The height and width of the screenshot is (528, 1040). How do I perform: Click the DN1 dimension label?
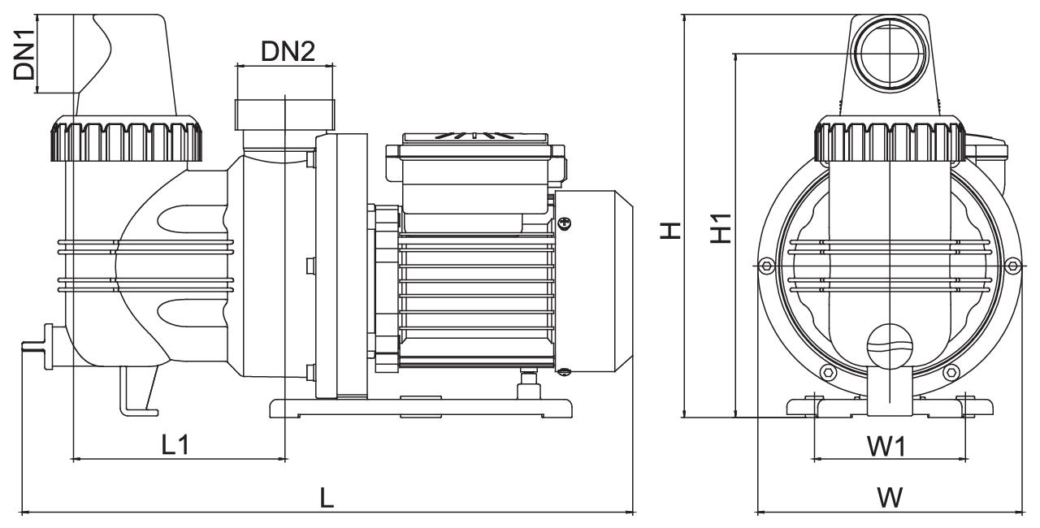(x=24, y=54)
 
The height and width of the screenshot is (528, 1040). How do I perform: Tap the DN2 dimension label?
(x=288, y=51)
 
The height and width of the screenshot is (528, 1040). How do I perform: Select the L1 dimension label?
(x=175, y=445)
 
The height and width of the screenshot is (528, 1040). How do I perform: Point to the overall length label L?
(x=327, y=498)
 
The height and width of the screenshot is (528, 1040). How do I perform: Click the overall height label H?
(x=671, y=230)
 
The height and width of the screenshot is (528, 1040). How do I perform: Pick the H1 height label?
(x=721, y=228)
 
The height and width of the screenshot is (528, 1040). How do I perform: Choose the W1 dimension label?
(x=886, y=447)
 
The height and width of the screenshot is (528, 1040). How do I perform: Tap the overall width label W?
(x=890, y=498)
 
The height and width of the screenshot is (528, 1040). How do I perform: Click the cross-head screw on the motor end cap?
(x=565, y=223)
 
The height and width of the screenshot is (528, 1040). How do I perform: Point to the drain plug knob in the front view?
(x=890, y=346)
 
